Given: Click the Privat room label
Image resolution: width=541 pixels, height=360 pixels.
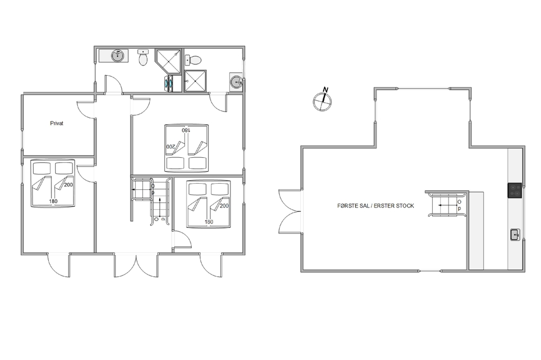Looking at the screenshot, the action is (57, 123).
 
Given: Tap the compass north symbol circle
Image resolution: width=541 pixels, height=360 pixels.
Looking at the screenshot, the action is (322, 102).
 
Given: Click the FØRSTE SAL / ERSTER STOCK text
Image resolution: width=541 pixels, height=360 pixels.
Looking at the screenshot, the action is (375, 205).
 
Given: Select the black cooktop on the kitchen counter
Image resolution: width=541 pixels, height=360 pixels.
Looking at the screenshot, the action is (514, 190).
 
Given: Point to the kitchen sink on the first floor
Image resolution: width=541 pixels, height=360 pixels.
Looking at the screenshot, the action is (515, 235).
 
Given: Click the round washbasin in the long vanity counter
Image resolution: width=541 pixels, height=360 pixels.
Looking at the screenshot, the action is (118, 56).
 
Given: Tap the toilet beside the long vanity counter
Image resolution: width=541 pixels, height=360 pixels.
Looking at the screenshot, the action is (143, 57).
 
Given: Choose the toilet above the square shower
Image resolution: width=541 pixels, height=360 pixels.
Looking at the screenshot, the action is (194, 60).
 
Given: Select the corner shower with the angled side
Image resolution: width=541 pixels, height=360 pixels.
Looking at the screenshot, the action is (168, 62).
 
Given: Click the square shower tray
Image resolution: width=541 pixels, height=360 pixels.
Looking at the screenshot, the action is (196, 81).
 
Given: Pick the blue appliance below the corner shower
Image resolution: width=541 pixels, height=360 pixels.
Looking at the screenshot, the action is (169, 84).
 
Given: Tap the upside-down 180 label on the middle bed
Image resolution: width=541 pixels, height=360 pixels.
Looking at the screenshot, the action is (186, 130).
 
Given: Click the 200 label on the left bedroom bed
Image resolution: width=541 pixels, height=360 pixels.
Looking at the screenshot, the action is (68, 185).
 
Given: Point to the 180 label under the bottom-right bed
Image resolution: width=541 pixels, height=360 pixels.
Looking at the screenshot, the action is (209, 222).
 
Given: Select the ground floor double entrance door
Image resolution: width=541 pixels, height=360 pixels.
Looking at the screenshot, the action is (136, 265).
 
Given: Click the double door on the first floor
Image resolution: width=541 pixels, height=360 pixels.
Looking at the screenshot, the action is (290, 211).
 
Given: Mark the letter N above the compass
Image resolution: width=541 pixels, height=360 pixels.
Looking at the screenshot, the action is (325, 90).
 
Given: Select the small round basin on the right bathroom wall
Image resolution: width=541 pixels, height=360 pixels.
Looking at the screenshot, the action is (236, 82).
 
